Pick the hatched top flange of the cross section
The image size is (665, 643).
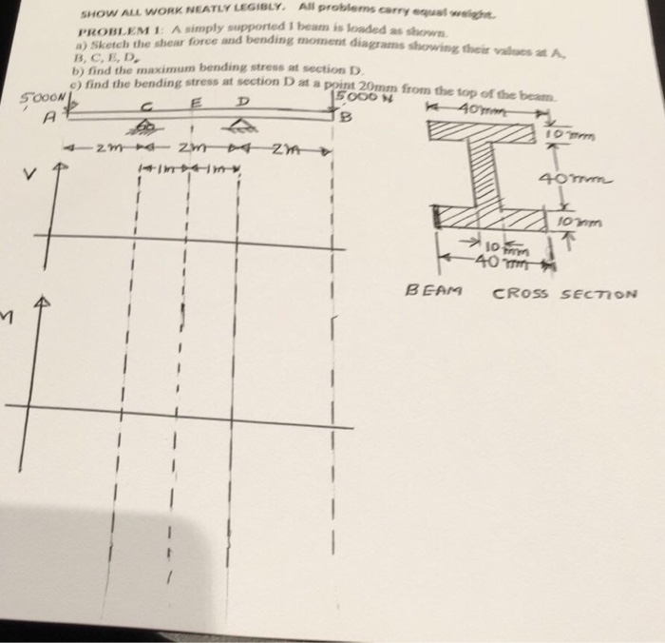pyautogui.click(x=488, y=131)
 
